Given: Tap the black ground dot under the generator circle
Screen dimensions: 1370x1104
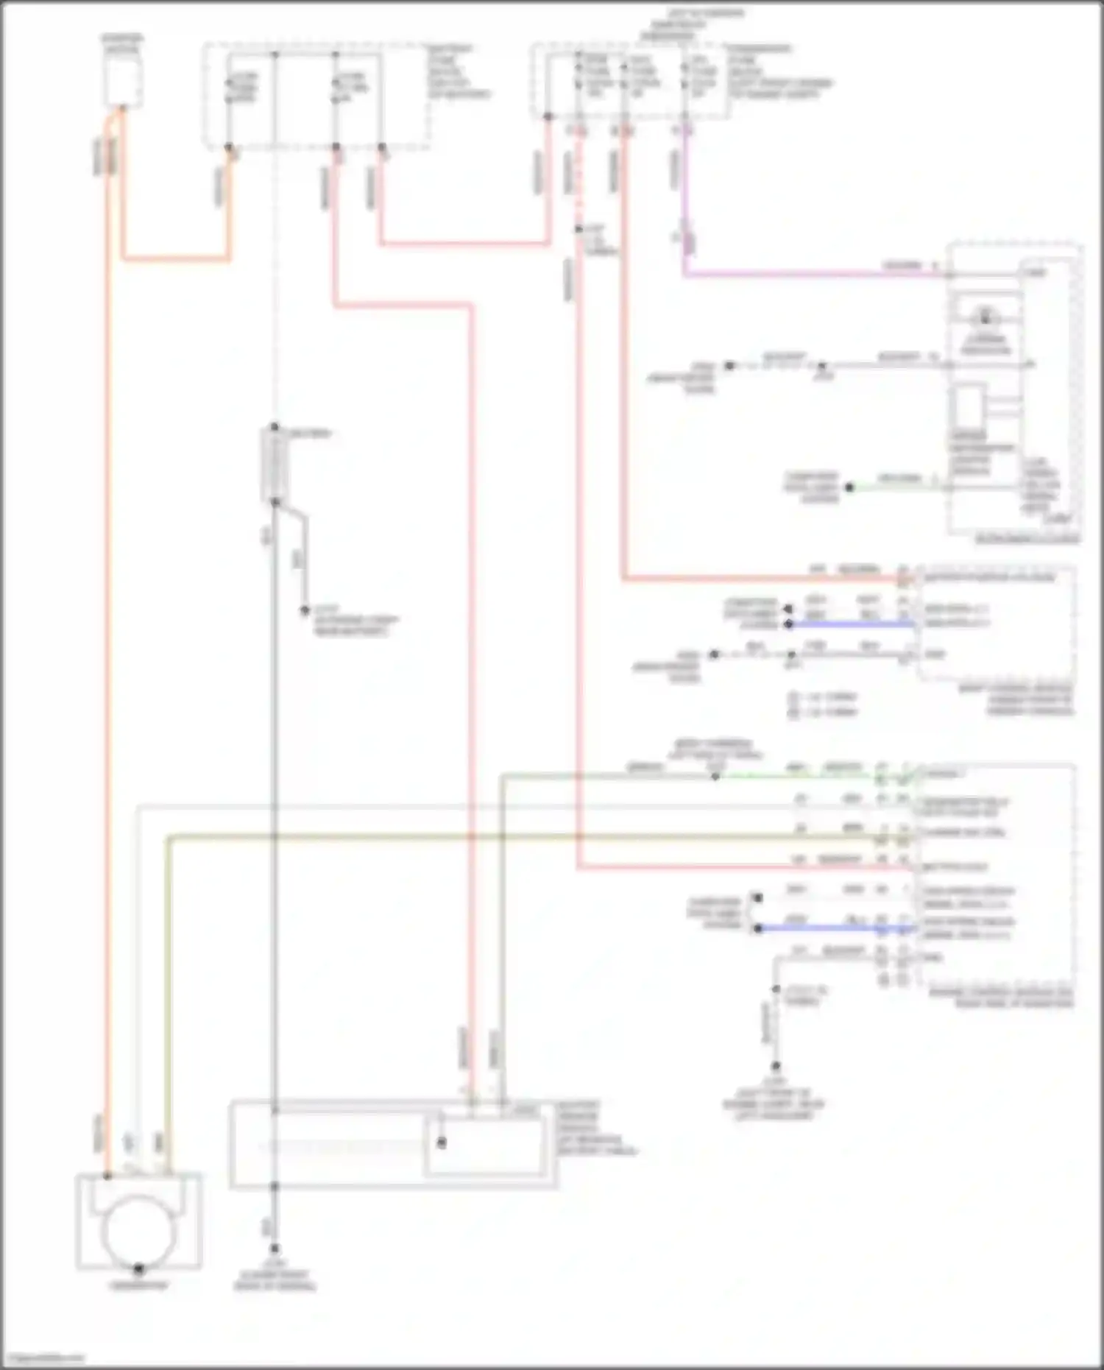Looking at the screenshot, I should coord(138,1269).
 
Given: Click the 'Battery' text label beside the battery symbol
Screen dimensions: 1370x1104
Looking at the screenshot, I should coord(310,434).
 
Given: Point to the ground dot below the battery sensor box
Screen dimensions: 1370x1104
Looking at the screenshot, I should coord(274,1249).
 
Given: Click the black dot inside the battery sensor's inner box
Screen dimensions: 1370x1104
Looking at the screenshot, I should coord(441,1143).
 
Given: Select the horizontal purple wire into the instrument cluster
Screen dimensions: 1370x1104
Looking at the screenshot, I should coord(810,275).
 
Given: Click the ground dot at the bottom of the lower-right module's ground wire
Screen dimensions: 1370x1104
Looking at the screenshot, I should coord(775,1066).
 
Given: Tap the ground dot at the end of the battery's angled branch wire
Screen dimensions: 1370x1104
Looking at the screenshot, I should coord(303,610).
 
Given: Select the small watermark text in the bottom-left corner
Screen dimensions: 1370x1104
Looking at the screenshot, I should coord(43,1358).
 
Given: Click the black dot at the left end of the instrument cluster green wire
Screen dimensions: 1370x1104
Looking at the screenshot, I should coord(849,487).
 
